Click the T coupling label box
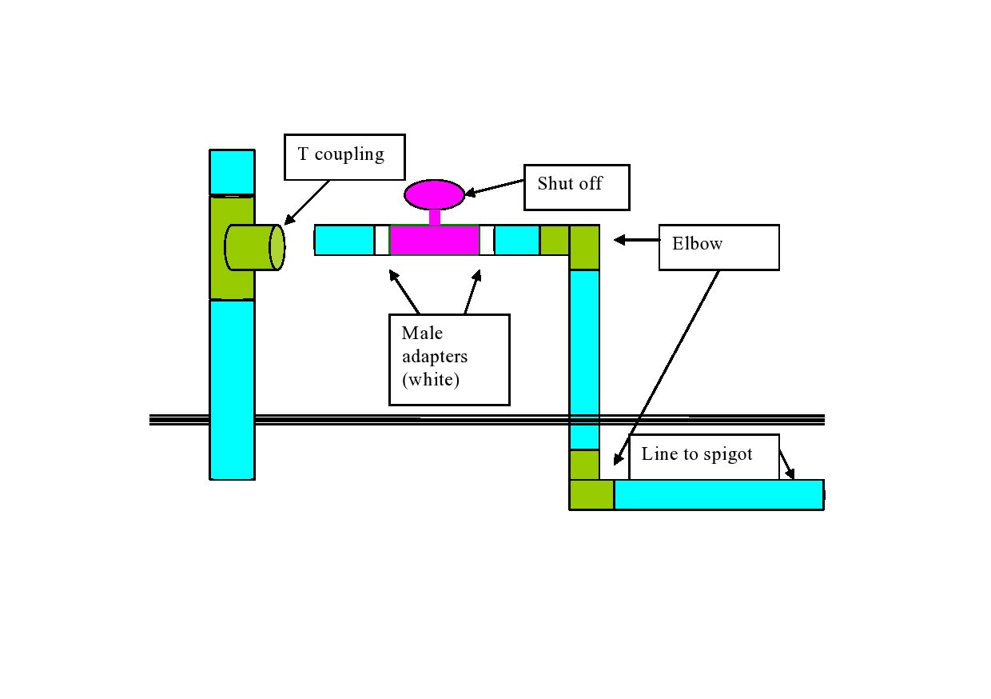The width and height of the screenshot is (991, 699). (x=344, y=157)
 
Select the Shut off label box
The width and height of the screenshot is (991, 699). (x=576, y=187)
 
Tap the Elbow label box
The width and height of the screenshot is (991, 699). (x=718, y=247)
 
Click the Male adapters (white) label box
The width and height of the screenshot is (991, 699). (x=449, y=359)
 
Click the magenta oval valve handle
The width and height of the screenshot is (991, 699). (x=434, y=194)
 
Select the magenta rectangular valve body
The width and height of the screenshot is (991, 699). (x=434, y=240)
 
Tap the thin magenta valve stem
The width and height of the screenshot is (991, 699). (x=434, y=217)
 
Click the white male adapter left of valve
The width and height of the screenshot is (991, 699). (x=382, y=240)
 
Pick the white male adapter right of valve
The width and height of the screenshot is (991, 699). (x=487, y=240)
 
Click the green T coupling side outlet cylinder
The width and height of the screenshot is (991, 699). (x=254, y=248)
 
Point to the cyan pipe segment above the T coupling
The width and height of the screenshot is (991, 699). (x=232, y=172)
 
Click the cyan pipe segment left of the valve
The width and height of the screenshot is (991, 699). (x=344, y=240)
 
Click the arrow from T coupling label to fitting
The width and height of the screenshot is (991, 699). (x=307, y=202)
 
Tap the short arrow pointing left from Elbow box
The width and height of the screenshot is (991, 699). (x=635, y=239)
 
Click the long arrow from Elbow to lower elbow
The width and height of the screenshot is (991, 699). (x=667, y=367)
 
